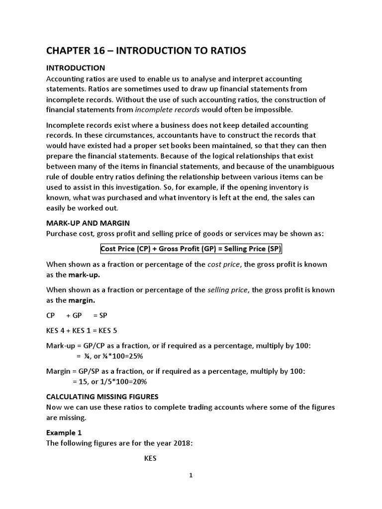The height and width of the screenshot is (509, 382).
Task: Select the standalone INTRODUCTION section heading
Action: [75, 68]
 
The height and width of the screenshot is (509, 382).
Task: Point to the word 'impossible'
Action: [280, 109]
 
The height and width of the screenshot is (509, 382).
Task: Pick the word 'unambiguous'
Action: [307, 166]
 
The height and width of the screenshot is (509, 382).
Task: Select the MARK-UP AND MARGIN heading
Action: [88, 223]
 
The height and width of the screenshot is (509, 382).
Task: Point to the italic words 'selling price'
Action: [228, 290]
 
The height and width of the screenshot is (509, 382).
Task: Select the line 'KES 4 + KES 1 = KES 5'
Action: [82, 331]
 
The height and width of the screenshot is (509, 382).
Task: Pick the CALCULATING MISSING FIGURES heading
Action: [102, 396]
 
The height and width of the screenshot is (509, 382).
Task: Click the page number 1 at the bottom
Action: [191, 475]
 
